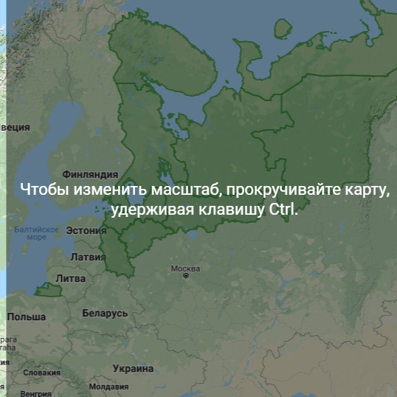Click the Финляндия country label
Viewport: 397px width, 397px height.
[x=91, y=175]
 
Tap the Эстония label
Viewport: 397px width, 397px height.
[x=86, y=230]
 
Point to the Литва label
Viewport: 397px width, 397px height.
[x=71, y=279]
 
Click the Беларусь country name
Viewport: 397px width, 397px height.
[x=105, y=313]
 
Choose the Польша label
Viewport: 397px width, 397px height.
[x=27, y=317]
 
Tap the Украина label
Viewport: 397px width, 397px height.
[x=133, y=367]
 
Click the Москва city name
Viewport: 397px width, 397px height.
[x=185, y=269]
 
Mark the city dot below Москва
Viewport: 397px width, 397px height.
[x=186, y=277]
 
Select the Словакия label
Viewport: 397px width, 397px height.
[x=41, y=373]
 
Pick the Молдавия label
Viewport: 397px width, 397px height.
[x=108, y=386]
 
